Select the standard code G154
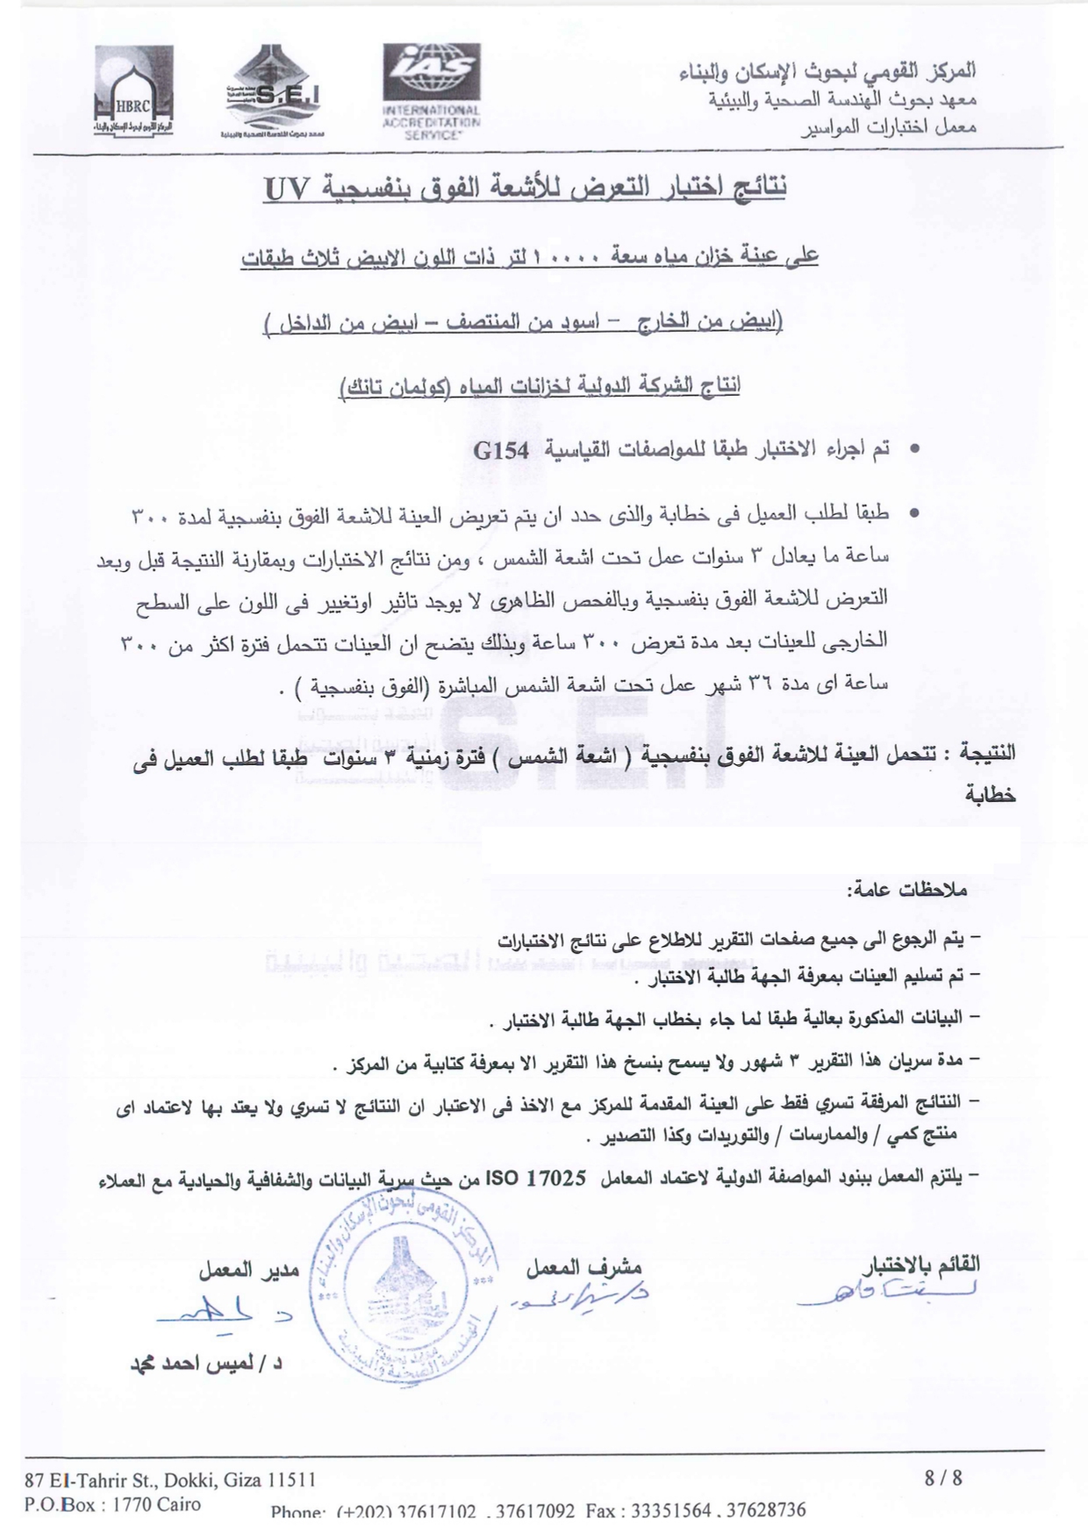[501, 451]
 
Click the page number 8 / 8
[944, 1478]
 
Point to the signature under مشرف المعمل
[583, 1293]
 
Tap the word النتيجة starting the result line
[987, 752]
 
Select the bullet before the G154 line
[913, 449]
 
